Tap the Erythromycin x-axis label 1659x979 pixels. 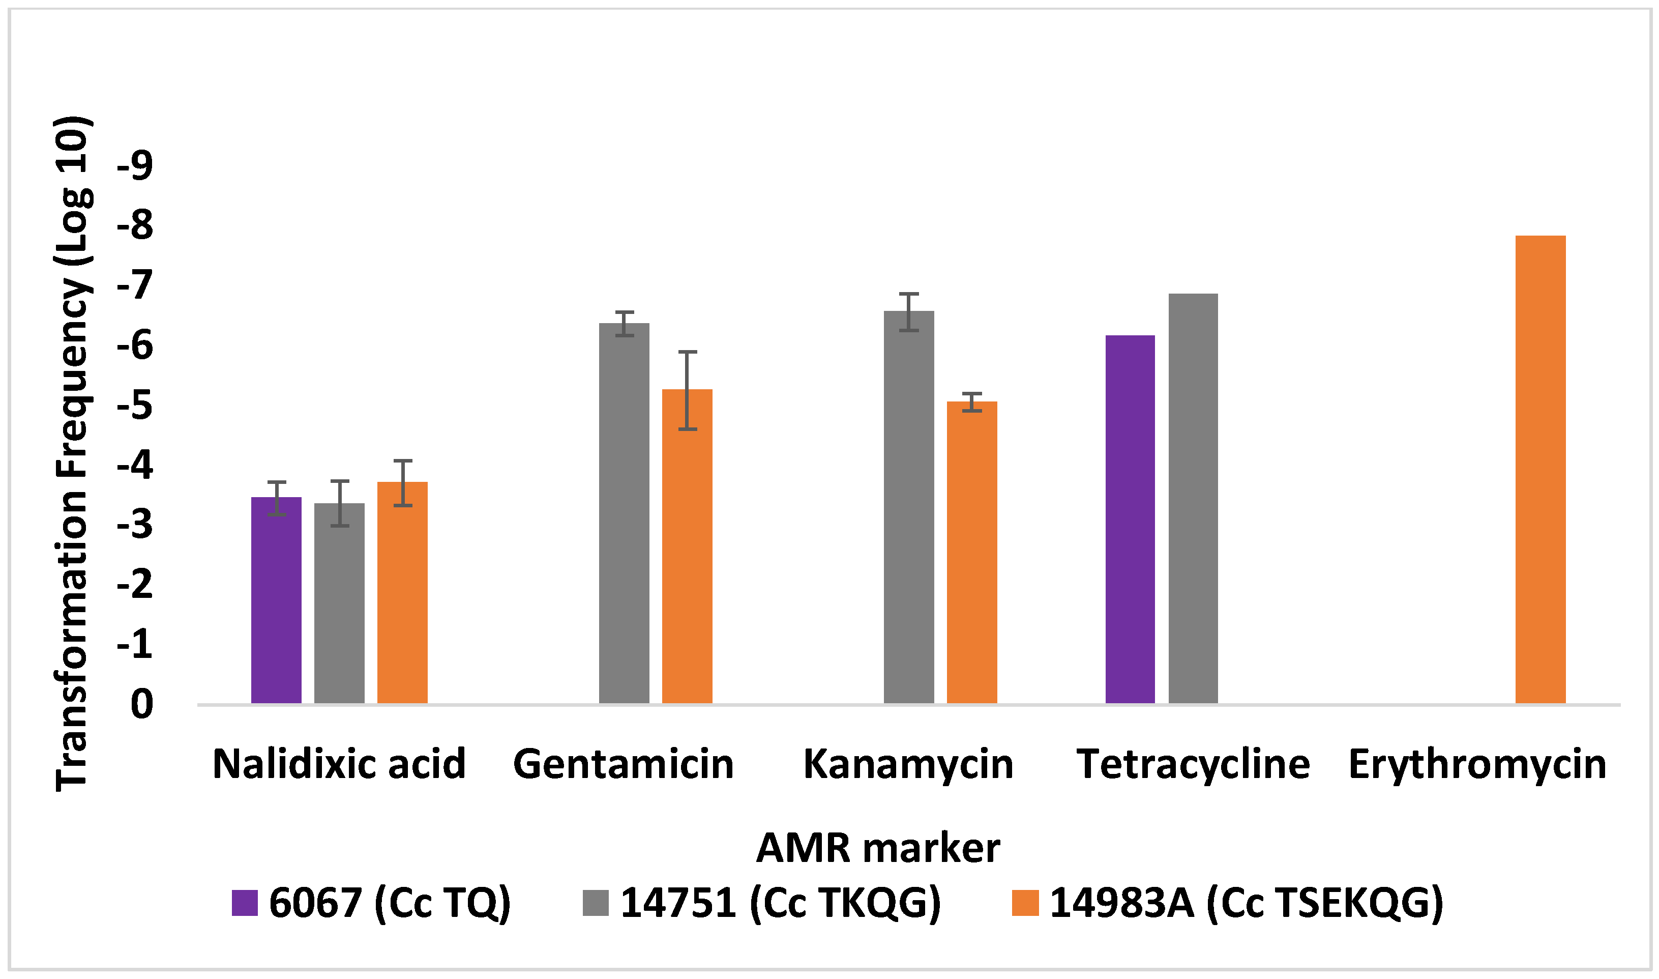[1477, 765]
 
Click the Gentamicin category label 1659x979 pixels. [623, 765]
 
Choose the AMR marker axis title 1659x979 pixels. [878, 848]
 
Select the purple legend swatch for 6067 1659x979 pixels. [245, 903]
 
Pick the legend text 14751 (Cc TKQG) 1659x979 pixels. [780, 903]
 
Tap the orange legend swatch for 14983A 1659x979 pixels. [1025, 903]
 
